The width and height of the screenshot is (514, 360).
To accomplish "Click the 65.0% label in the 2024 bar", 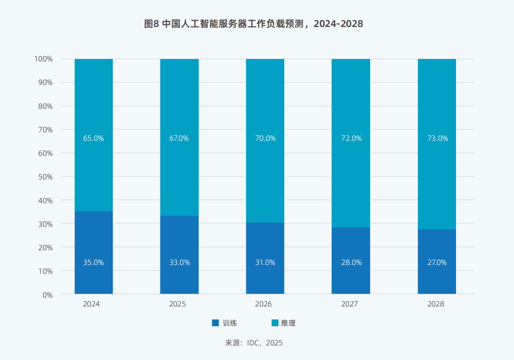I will [x=93, y=138].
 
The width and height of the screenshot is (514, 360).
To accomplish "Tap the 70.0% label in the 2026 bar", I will [x=265, y=138].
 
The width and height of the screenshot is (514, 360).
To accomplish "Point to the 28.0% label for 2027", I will [x=351, y=262].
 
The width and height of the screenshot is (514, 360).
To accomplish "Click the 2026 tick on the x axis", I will [x=265, y=304].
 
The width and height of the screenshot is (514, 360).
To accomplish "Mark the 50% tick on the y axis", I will [x=44, y=176].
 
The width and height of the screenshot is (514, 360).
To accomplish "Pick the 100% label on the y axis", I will [x=43, y=59].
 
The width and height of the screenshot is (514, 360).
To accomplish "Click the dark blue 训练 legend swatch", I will [x=215, y=323].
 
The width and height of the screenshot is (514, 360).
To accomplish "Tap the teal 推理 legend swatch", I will [x=274, y=323].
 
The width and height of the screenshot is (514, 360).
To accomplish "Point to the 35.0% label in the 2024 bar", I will [x=93, y=262].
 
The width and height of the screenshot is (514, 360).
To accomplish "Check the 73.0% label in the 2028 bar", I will [x=437, y=138].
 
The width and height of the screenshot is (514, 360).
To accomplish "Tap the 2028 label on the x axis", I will [x=436, y=304].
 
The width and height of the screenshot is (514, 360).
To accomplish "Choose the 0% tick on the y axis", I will [x=47, y=294].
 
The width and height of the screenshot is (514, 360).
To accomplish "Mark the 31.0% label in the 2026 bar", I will [x=265, y=262].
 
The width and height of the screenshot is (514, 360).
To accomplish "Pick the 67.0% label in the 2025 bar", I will [x=179, y=138].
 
